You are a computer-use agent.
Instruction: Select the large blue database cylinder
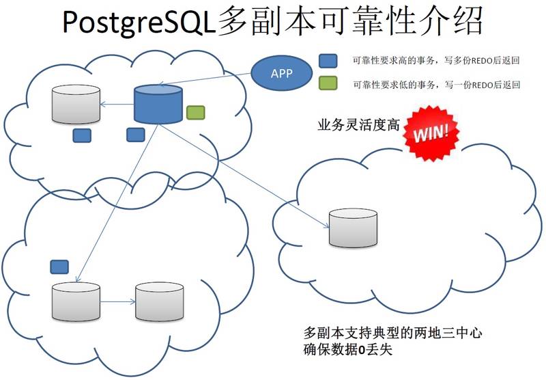(x=158, y=103)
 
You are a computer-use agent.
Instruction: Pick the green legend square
(x=328, y=85)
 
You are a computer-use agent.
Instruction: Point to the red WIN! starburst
(x=431, y=130)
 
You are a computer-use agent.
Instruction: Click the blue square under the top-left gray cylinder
(x=82, y=135)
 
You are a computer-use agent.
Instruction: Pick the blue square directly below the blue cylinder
(x=135, y=134)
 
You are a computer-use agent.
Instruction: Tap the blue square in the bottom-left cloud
(x=60, y=265)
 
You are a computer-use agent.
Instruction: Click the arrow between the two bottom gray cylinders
(x=117, y=301)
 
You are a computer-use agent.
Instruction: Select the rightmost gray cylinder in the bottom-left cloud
(x=159, y=301)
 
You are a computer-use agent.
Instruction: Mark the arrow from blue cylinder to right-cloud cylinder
(x=246, y=174)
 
